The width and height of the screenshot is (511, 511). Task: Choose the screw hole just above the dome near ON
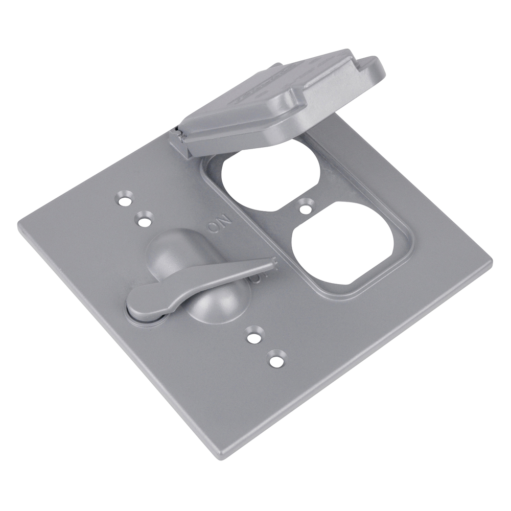(x=145, y=221)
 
